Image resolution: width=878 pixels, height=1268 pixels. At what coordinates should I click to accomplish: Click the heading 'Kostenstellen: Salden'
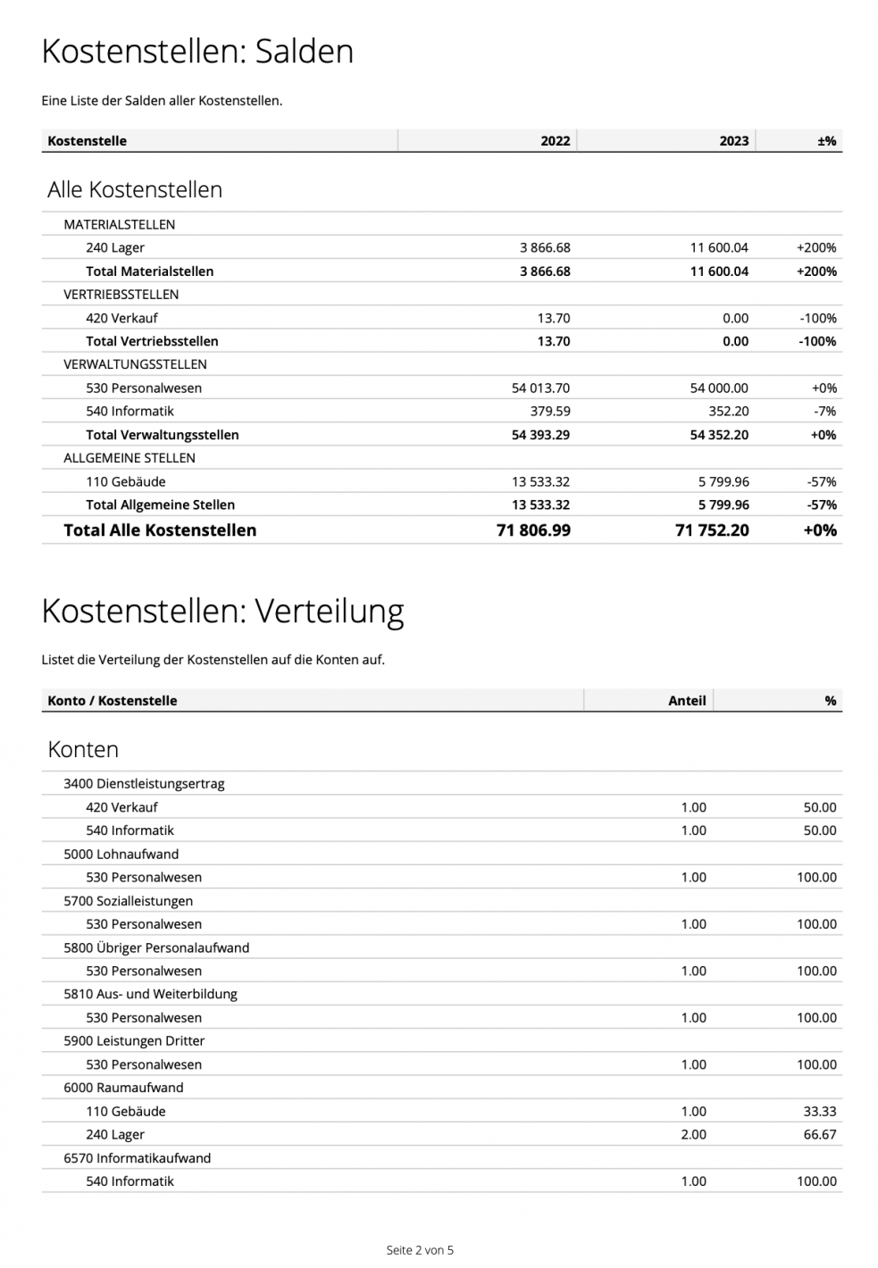point(197,52)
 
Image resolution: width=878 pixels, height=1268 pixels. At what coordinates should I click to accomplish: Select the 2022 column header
point(555,141)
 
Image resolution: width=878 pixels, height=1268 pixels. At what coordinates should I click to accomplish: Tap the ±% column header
point(826,141)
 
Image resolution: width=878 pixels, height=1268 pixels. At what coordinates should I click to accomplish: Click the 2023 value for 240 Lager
point(718,248)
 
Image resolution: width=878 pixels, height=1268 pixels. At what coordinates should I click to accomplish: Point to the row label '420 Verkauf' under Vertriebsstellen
point(121,318)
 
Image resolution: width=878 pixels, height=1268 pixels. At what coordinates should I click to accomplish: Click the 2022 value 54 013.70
point(540,388)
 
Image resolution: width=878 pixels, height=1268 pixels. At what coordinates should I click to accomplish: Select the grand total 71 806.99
point(533,530)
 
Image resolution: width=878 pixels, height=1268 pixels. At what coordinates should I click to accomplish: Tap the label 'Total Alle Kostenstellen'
point(160,530)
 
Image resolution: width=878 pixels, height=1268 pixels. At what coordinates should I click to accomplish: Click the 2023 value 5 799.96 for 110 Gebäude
point(723,482)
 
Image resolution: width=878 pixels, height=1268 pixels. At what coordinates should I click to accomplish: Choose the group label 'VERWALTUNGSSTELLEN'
point(135,364)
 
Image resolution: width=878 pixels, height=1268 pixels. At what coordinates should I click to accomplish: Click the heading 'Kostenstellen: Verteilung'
point(222,612)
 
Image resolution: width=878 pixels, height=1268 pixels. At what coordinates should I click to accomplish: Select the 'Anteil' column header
point(687,701)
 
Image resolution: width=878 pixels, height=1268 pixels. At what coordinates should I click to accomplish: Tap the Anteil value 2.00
point(693,1135)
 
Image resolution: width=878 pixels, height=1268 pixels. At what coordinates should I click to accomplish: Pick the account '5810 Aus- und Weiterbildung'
point(150,994)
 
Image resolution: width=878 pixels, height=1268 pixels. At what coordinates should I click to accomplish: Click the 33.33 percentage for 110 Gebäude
point(819,1112)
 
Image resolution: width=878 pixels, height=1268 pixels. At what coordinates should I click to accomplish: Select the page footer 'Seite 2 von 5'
point(420,1250)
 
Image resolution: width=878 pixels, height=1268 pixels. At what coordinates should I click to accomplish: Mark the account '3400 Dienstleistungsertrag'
point(144,784)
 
